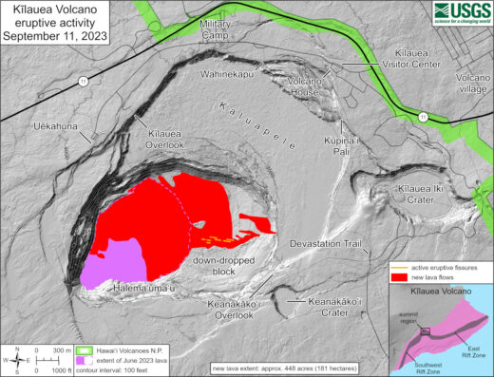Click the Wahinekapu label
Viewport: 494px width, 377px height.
coord(231,73)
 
